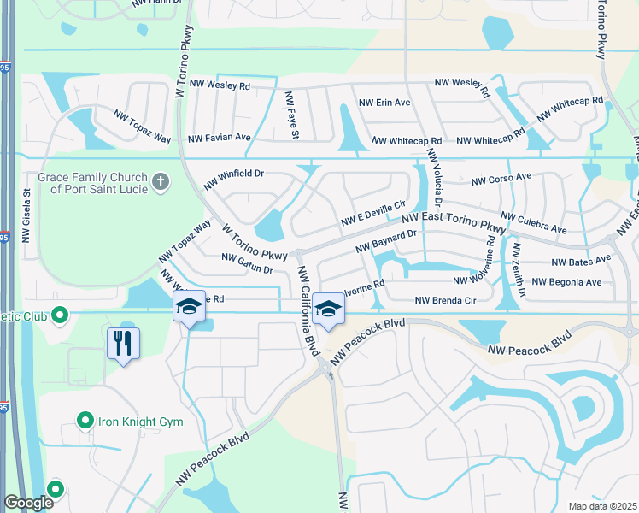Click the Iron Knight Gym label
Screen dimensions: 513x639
141,422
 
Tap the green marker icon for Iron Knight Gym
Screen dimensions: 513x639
85,421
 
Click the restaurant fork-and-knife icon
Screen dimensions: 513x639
123,344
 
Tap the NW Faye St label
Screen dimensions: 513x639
292,115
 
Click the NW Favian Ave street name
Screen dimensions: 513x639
219,138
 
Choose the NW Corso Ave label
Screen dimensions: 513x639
501,180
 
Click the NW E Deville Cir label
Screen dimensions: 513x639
372,215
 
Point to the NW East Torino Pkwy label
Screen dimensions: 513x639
454,220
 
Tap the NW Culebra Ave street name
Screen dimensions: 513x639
534,224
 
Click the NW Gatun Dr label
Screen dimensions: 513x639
246,263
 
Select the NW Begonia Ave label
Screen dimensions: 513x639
566,281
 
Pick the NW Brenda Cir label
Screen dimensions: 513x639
444,300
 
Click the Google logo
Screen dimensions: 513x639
29,503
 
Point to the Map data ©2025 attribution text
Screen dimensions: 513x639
601,506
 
